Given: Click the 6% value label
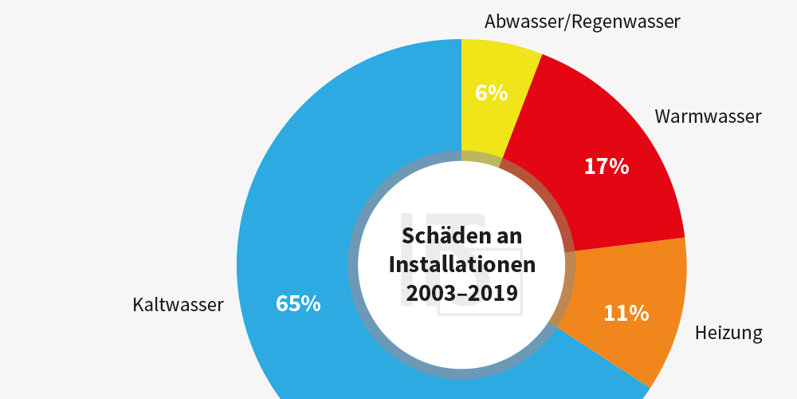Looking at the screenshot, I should tap(492, 93).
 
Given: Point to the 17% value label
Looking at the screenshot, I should tap(607, 167).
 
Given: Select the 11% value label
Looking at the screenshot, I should tap(626, 314).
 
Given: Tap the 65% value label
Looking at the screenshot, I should tap(298, 304).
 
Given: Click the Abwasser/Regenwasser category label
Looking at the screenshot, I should tap(582, 22).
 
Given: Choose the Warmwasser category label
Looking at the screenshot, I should tap(708, 117).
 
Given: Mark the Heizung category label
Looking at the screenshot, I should tap(728, 333).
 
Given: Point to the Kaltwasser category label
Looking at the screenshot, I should tap(179, 305).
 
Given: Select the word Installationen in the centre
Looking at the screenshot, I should tap(462, 265).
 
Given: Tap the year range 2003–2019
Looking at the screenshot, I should tap(462, 294).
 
